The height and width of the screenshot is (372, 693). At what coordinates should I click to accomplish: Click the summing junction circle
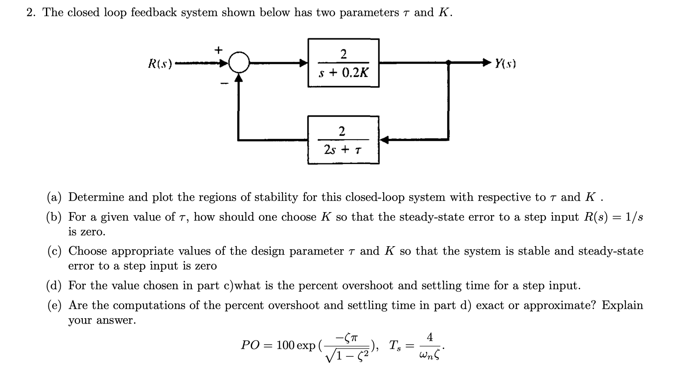coord(239,64)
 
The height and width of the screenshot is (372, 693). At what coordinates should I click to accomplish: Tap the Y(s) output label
coord(505,64)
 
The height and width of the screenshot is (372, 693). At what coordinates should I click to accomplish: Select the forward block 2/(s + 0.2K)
coord(343,63)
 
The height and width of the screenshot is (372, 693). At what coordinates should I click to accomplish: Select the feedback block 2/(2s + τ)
coord(343,140)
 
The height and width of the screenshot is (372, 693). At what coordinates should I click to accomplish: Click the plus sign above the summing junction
coord(218,50)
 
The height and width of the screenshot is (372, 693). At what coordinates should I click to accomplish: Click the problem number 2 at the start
coord(30,13)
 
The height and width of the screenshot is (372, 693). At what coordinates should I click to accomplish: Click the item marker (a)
coord(54,197)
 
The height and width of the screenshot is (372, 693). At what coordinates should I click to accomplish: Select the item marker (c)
coord(54,251)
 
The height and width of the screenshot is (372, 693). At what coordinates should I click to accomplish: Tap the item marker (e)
coord(54,306)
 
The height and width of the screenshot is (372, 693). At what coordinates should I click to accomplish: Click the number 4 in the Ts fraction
coord(429,337)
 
